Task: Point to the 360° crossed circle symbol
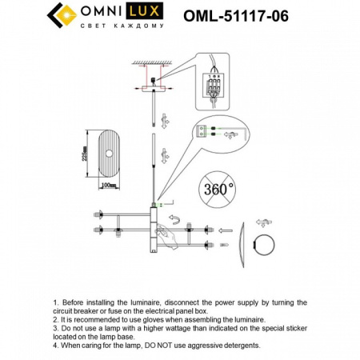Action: click(x=218, y=190)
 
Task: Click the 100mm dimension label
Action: click(x=109, y=186)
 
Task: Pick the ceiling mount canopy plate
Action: click(x=153, y=90)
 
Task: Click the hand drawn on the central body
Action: click(x=165, y=235)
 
